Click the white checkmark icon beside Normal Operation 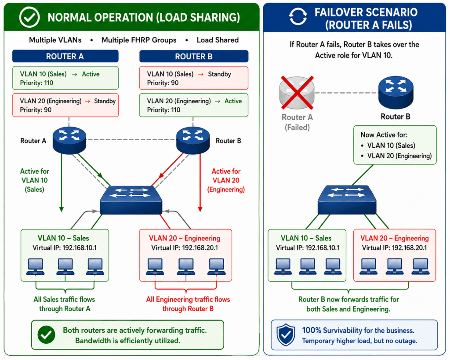pos(29,17)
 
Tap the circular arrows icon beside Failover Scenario pos(298,16)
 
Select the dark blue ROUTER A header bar pos(65,56)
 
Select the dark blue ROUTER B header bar pos(194,57)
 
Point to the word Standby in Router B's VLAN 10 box pos(220,74)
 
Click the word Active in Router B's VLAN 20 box pos(233,101)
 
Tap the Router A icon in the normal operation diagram pos(69,140)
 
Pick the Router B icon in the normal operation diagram pos(193,140)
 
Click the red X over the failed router pos(297,93)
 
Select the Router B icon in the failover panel pos(396,92)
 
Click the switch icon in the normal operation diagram pos(131,200)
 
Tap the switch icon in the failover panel pos(347,200)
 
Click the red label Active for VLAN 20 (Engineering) pos(226,180)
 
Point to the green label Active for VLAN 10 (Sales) pos(34,180)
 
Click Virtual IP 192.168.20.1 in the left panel pos(185,248)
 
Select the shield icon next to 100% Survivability pos(286,335)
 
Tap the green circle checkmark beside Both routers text pos(46,335)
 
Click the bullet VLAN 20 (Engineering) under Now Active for pos(396,156)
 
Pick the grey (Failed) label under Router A pos(297,127)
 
